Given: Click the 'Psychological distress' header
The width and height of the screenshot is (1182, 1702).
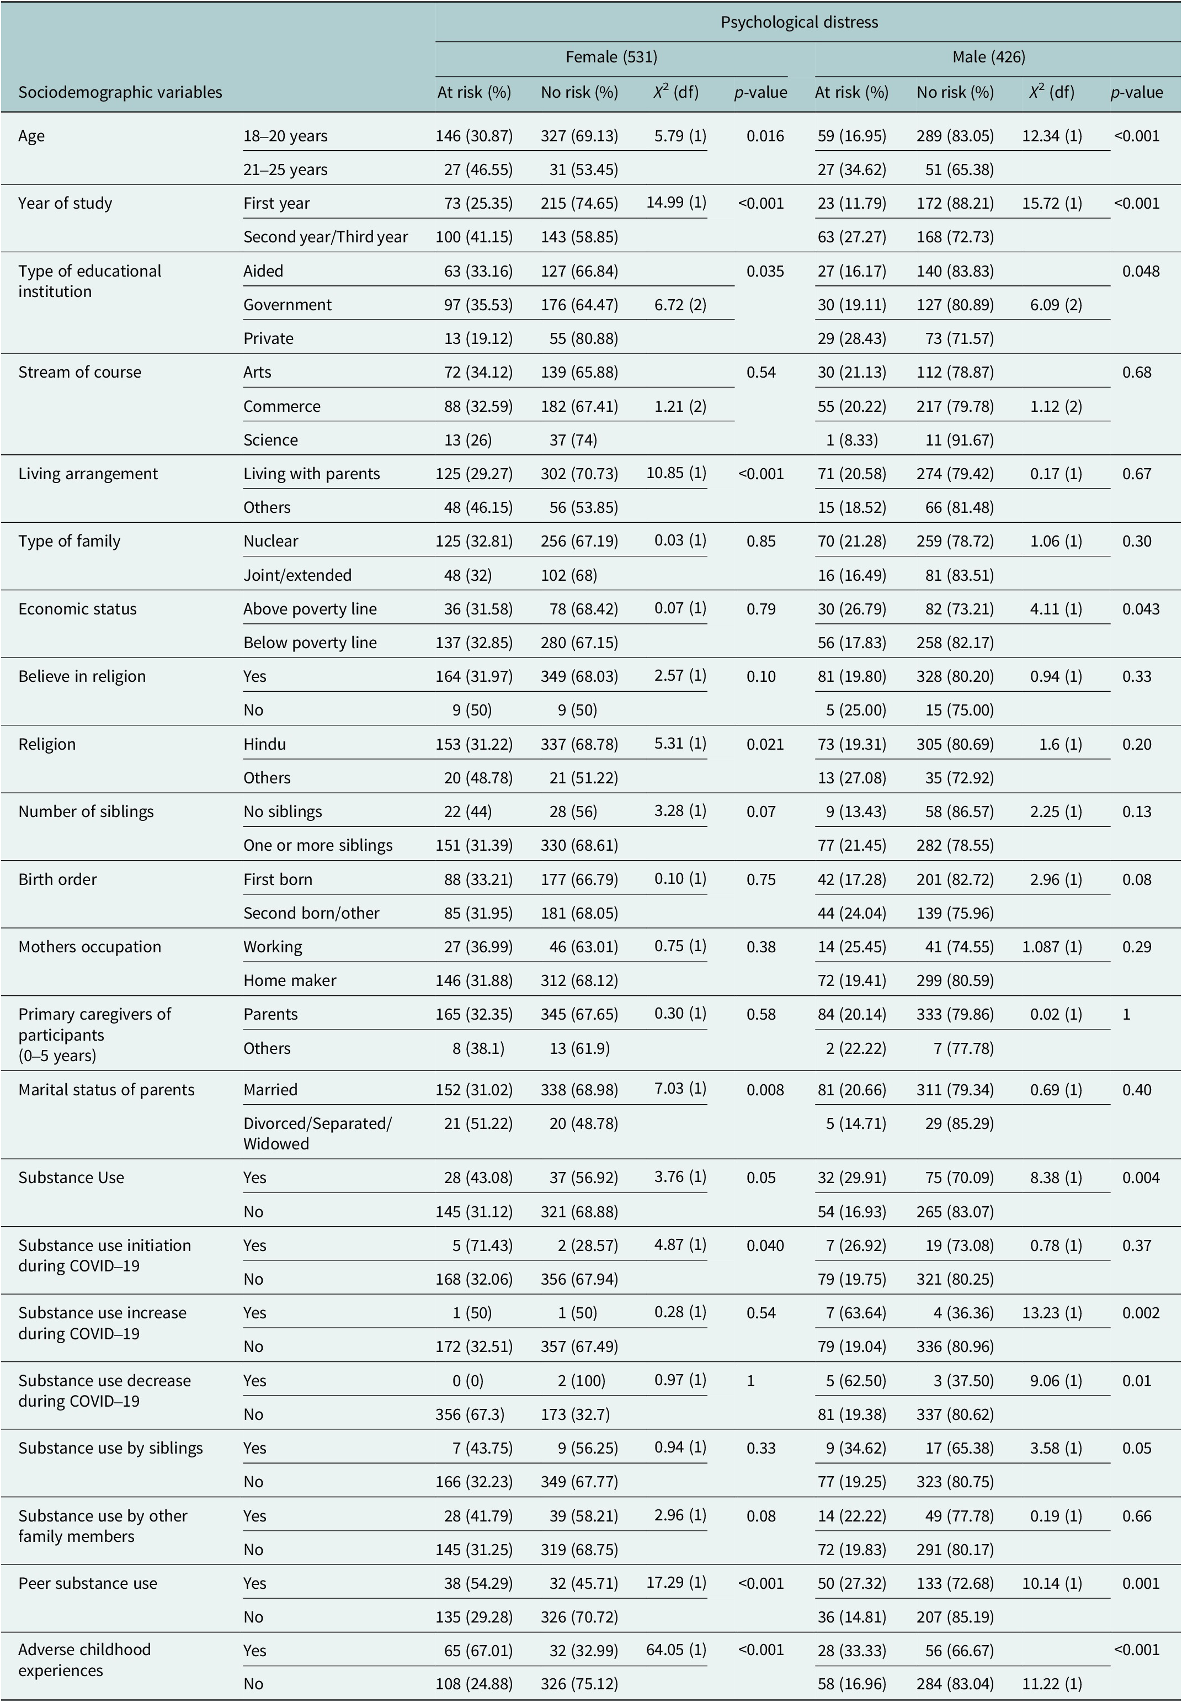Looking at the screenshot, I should pos(799,22).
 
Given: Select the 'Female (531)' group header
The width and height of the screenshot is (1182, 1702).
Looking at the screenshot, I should pos(611,57).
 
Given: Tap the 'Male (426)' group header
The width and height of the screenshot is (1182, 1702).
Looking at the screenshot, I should pos(989,57).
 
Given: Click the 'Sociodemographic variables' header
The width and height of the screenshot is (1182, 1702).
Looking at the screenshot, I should pos(120,93).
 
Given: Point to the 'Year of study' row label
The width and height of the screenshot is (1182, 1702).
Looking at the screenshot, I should pos(65,203).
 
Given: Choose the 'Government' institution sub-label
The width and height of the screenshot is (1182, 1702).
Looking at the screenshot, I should pos(287,305).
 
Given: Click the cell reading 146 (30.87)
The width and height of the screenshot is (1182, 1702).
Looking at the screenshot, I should pos(474,136).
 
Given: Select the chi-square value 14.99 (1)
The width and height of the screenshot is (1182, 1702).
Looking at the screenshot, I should pos(676,202).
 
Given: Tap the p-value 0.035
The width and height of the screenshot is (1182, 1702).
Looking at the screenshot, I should pos(765,271).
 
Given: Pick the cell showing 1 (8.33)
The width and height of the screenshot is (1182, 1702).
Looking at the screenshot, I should pos(851,440).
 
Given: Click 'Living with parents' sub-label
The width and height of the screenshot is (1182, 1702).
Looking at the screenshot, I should pos(311,474).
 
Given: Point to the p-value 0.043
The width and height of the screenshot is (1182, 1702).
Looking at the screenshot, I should pos(1141,609).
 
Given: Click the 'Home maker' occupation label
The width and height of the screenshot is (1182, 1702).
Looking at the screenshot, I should pos(290,980).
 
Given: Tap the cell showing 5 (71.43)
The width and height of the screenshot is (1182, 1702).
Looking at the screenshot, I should pos(482,1245).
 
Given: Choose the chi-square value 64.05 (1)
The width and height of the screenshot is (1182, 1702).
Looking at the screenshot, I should pos(676,1650).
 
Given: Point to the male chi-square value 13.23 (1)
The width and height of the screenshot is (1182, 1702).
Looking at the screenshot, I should pos(1052,1313).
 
